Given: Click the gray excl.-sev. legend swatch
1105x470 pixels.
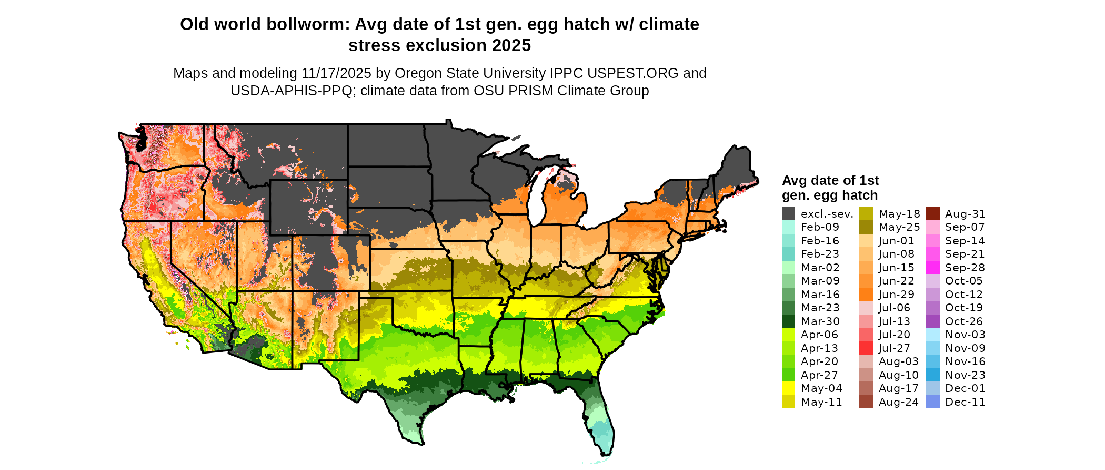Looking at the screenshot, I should [788, 213].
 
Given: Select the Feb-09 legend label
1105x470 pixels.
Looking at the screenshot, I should [820, 227].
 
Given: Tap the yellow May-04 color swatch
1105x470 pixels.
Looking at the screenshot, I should [788, 388].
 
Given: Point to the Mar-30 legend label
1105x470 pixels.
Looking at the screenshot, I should [820, 321].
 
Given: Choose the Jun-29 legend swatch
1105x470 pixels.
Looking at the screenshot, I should [866, 295].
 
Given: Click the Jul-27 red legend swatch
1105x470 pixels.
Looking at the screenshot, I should [866, 348].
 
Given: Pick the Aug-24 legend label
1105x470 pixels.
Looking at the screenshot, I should [898, 402].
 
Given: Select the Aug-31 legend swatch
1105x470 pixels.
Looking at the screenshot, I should [932, 213].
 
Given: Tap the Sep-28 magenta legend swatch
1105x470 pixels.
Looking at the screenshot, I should [932, 268].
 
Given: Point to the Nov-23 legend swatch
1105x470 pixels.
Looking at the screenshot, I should [932, 375].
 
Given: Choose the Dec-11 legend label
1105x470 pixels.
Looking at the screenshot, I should [965, 402].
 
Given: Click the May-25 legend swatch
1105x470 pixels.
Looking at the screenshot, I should [866, 227].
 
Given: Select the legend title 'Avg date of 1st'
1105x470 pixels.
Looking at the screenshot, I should [830, 181].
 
